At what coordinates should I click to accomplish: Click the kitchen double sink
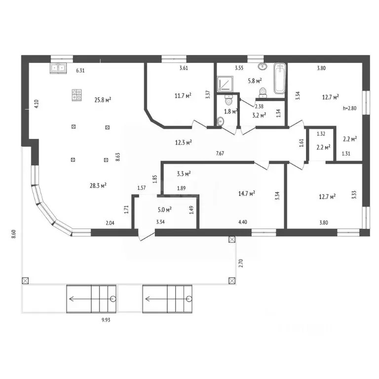pos(58,68)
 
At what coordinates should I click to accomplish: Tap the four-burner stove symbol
pos(77,95)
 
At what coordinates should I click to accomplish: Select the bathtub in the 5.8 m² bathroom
pos(280,78)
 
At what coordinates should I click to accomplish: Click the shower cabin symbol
pos(225,84)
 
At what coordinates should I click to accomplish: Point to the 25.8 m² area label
pos(103,100)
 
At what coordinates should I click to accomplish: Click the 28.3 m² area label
pos(98,186)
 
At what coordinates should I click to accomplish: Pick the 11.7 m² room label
pos(183,96)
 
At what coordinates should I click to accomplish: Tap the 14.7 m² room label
pos(247,193)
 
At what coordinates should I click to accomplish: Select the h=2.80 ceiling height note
pos(349,108)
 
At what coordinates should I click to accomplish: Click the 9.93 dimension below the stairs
pos(106,320)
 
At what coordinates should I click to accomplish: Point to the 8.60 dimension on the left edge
pos(14,234)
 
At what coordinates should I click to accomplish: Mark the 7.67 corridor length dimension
pos(220,153)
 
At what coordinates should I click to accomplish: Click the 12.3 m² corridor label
pos(184,143)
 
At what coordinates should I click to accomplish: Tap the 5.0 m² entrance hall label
pos(165,210)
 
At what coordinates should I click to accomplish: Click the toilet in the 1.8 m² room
pos(228,100)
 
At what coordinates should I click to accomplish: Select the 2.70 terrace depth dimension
pos(240,263)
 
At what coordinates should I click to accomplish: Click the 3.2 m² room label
pos(259,115)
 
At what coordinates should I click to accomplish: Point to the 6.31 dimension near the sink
pos(80,71)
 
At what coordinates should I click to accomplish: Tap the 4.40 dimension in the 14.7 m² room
pos(243,222)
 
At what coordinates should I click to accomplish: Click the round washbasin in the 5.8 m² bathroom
pos(262,66)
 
